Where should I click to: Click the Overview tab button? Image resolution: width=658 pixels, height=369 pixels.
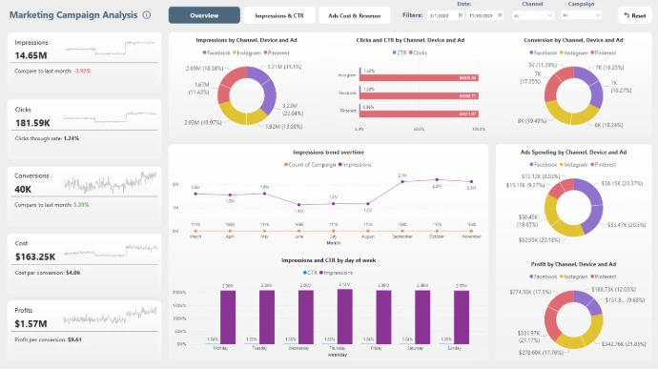pyautogui.click(x=203, y=15)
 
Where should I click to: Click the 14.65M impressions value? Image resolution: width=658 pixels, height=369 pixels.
pyautogui.click(x=32, y=56)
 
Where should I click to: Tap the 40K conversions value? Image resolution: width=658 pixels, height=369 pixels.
pyautogui.click(x=24, y=189)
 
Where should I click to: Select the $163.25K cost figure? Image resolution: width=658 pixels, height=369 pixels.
pyautogui.click(x=34, y=256)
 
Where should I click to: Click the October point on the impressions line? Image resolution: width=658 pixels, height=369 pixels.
pyautogui.click(x=436, y=181)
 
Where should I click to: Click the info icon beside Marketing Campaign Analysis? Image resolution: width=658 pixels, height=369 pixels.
pyautogui.click(x=146, y=15)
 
